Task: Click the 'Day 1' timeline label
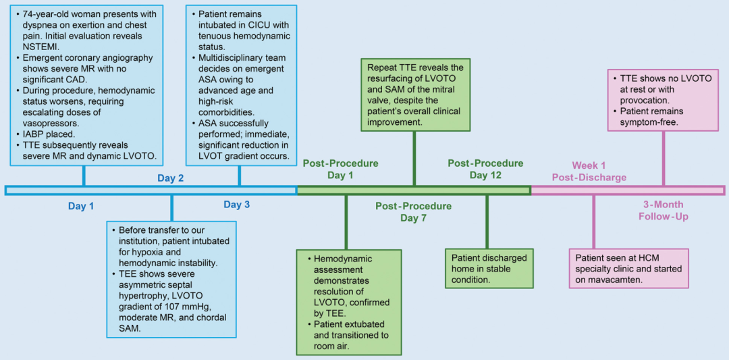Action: point(81,206)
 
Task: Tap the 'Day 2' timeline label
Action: point(171,179)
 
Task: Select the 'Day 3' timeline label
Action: point(237,205)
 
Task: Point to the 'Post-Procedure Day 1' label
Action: point(340,169)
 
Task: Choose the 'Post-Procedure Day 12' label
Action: point(486,169)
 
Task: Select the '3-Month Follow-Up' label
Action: point(664,211)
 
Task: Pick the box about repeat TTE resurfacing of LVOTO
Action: point(414,95)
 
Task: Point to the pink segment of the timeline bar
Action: point(628,190)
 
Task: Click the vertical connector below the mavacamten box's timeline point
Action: point(594,222)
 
